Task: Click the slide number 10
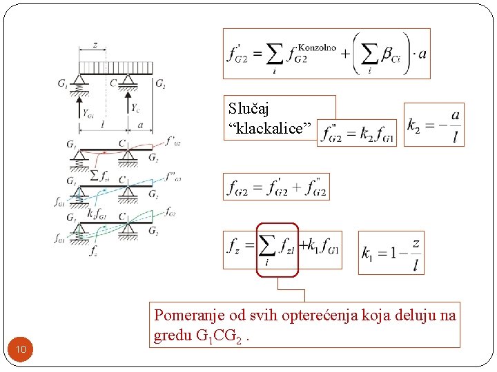click(21, 350)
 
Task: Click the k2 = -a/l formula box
click(433, 125)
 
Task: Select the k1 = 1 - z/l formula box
click(391, 252)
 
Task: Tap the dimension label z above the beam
click(95, 45)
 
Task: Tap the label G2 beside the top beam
click(160, 84)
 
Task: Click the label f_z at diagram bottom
click(93, 251)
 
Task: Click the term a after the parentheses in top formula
click(422, 53)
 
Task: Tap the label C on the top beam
click(113, 84)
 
